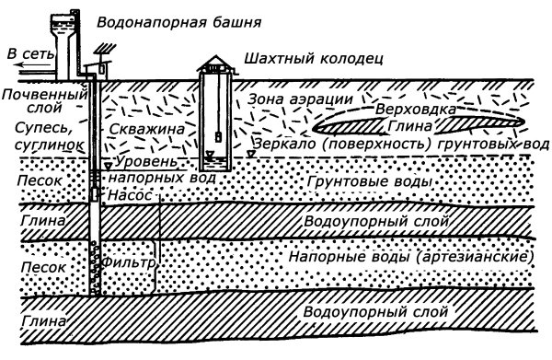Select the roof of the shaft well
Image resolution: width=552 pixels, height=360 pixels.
215,65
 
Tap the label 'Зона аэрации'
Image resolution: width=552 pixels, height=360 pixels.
289,99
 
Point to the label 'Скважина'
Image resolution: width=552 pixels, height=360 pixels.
137,132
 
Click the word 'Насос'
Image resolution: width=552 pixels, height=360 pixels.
124,195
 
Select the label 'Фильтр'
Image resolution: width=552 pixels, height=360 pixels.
130,261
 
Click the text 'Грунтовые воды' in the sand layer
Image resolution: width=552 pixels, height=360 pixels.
377,183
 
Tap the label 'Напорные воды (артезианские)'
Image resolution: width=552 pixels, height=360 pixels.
410,256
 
